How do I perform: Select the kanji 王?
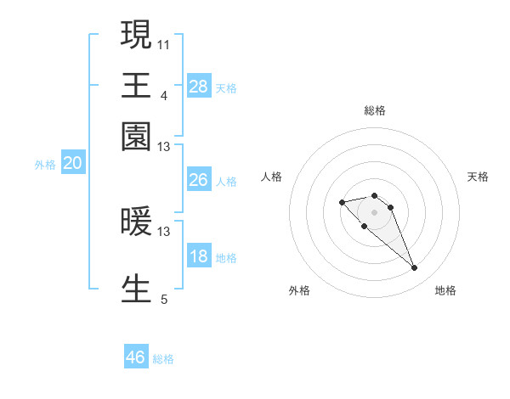[136, 85]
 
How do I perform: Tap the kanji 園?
[136, 136]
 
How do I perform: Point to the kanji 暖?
[136, 222]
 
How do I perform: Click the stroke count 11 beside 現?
[164, 43]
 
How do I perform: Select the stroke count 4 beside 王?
[164, 94]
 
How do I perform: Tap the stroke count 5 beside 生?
[164, 298]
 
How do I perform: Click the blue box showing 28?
[198, 86]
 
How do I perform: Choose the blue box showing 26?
[198, 180]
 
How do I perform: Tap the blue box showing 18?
[198, 257]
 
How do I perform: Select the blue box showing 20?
[72, 164]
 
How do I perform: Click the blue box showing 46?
[136, 357]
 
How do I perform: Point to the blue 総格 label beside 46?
[163, 359]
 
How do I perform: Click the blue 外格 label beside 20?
[45, 166]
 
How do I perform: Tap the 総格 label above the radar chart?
[374, 110]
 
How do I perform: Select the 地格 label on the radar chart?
[445, 290]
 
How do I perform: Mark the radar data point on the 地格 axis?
[414, 268]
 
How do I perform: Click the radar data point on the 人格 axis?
[342, 202]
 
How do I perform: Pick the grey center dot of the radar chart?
[374, 212]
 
